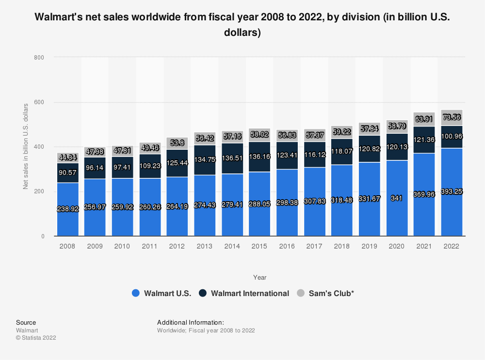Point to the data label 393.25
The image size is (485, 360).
click(452, 192)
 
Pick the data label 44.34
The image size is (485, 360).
click(67, 157)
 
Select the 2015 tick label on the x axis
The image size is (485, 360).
click(259, 246)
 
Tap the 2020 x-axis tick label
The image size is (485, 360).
click(396, 246)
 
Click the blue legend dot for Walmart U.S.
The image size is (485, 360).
click(136, 293)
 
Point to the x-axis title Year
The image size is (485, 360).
click(259, 278)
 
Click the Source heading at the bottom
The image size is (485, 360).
click(26, 322)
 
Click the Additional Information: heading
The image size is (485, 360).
click(190, 322)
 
